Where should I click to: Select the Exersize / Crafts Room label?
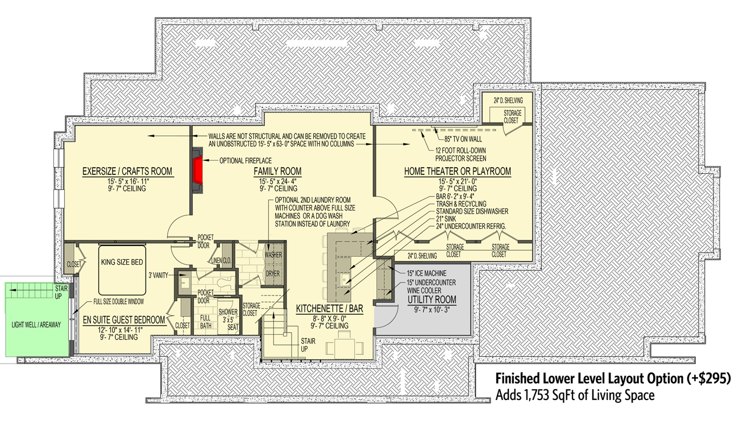[x=127, y=172]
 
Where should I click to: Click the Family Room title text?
[x=277, y=172]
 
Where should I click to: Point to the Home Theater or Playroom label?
[x=457, y=172]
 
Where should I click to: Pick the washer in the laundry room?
[x=273, y=255]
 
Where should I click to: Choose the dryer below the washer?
[x=273, y=273]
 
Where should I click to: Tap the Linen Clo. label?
[x=220, y=261]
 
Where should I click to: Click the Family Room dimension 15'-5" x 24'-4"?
[x=277, y=181]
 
